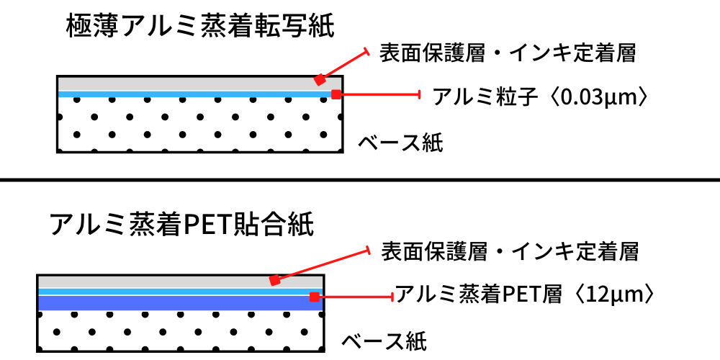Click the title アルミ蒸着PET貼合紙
tap(182, 225)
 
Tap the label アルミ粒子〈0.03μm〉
tap(542, 98)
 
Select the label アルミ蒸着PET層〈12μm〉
tap(524, 295)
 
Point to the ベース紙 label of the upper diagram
tap(400, 144)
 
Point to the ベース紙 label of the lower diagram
tap(384, 341)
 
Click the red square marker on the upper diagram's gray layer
tap(320, 80)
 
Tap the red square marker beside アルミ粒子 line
tap(336, 94)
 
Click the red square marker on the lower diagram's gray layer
tap(274, 280)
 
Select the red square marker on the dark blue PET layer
tap(315, 297)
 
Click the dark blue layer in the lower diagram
tap(181, 302)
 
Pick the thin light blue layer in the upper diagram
tap(200, 94)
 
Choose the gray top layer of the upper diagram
tap(200, 84)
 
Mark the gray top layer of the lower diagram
tap(181, 282)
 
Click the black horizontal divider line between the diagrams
tap(360, 179)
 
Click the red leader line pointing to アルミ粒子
tap(379, 94)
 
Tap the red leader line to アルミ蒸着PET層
tap(354, 297)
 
